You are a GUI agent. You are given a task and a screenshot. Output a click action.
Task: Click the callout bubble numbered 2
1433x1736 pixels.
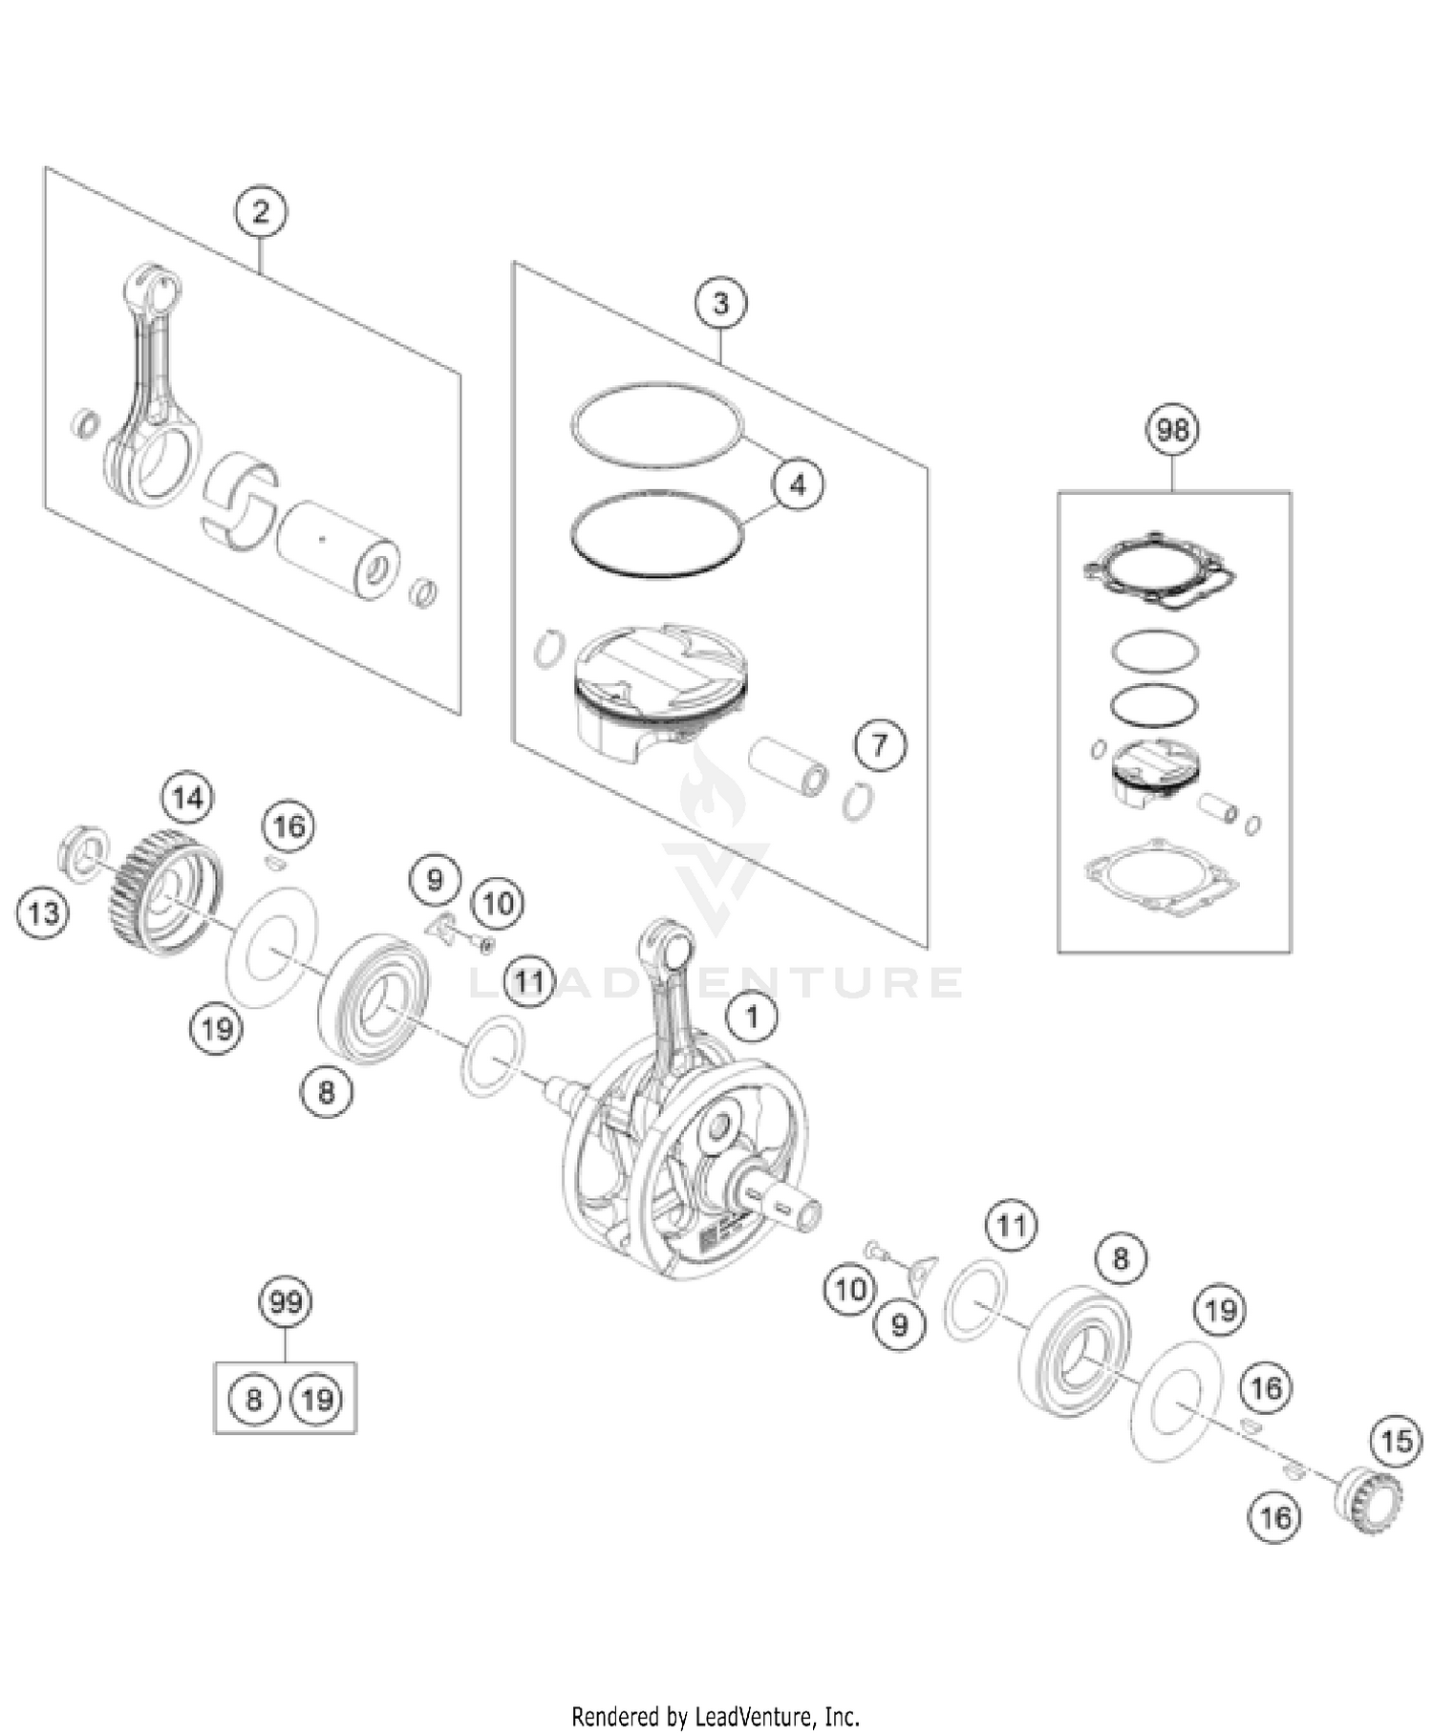[x=262, y=212]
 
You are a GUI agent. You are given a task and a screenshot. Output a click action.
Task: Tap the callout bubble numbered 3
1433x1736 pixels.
[x=720, y=304]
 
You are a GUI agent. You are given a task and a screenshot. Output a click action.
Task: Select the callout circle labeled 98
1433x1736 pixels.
[x=1172, y=430]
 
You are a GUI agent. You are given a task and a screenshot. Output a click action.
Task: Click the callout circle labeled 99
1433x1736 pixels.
[x=286, y=1301]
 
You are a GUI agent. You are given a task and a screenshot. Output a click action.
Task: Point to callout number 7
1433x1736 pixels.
[x=879, y=744]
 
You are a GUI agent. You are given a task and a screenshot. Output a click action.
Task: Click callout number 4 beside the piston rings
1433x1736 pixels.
[x=798, y=484]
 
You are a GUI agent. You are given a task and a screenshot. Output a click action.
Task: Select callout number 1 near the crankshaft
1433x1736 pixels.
[x=753, y=1017]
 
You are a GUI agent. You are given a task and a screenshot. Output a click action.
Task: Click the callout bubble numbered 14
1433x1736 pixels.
[x=187, y=797]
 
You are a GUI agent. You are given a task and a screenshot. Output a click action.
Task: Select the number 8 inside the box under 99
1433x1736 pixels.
[x=254, y=1400]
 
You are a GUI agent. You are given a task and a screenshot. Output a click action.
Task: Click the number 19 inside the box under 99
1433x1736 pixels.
[x=317, y=1400]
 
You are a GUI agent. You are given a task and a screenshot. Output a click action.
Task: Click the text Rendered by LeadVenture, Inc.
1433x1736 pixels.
[x=716, y=1716]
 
